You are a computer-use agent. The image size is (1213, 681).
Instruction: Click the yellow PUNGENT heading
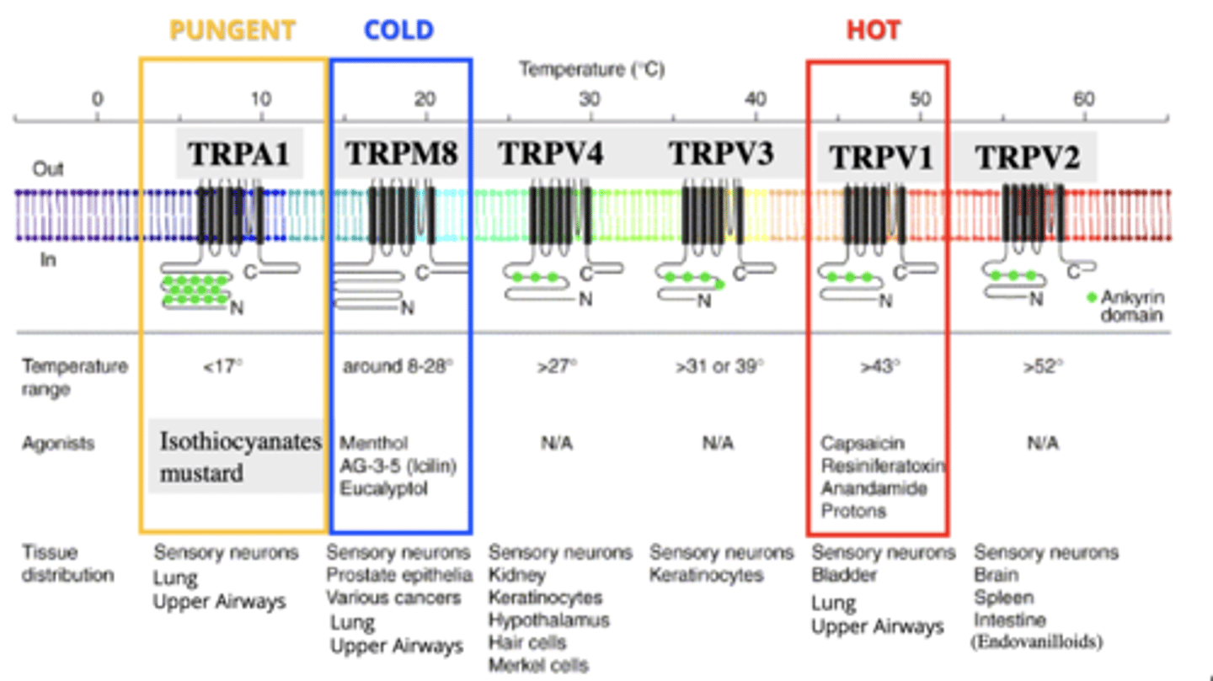click(232, 31)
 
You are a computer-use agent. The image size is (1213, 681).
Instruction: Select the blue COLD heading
click(398, 31)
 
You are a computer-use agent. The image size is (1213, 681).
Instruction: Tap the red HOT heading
click(874, 31)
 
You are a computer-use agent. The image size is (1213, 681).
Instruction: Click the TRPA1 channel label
click(238, 154)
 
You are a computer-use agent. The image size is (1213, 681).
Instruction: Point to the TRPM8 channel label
click(402, 154)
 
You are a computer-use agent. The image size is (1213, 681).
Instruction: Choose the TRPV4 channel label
click(551, 154)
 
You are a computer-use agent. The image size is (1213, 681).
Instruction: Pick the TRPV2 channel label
click(1027, 157)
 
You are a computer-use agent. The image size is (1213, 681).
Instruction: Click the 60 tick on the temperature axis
click(1083, 100)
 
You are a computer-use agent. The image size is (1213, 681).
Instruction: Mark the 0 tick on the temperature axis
click(98, 100)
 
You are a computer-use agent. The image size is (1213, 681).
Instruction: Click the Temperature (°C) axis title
click(591, 69)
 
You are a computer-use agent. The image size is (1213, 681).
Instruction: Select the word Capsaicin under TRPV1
click(850, 443)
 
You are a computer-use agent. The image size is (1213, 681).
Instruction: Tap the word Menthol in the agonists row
click(373, 443)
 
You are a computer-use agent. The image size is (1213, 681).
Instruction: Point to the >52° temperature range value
click(1043, 366)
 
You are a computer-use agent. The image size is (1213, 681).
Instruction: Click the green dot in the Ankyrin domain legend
click(1092, 297)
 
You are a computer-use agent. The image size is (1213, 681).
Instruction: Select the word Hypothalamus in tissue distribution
click(548, 620)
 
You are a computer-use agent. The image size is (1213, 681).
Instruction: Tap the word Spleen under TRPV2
click(998, 598)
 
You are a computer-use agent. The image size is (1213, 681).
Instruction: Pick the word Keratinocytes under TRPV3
click(706, 575)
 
